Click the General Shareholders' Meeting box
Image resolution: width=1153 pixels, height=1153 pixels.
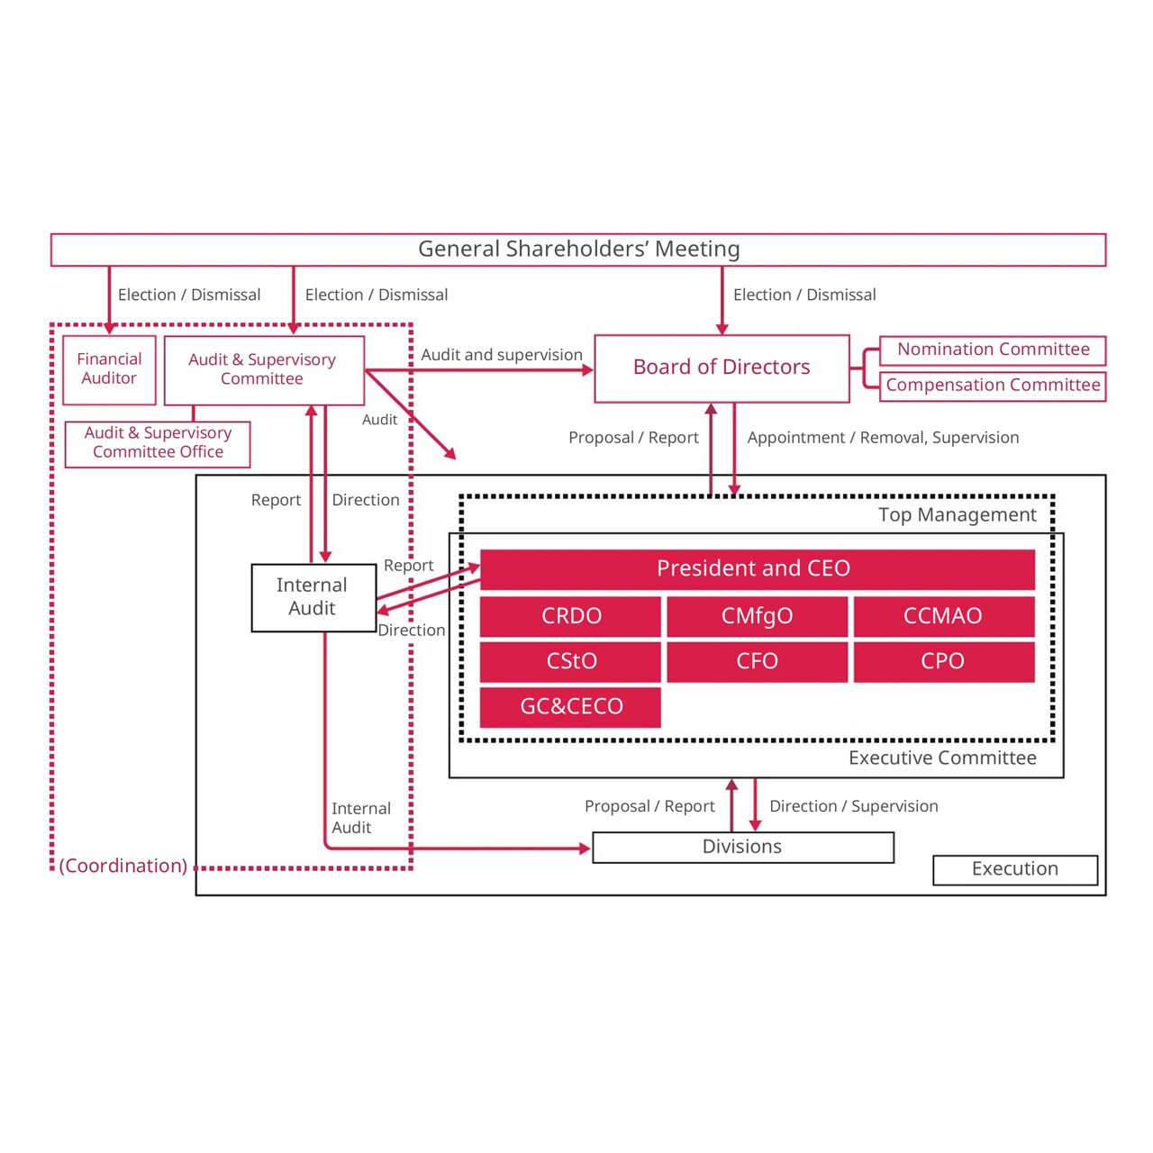(577, 250)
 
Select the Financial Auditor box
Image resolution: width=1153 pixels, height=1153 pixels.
(109, 369)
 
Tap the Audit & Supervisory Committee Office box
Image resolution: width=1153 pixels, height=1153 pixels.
(158, 443)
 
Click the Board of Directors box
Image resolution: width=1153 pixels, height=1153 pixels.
(722, 368)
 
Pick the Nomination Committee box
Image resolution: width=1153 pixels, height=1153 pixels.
(993, 350)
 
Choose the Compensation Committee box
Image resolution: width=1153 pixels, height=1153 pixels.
(993, 386)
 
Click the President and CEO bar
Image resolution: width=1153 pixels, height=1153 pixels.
(757, 569)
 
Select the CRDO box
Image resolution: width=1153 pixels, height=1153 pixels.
(571, 616)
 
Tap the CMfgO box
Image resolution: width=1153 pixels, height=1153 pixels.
(757, 616)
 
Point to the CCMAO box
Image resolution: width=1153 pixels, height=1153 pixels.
(943, 616)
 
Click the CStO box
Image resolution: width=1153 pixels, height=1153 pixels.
(571, 661)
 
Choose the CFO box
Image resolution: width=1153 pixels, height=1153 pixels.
(757, 661)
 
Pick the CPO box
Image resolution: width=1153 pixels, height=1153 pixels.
(943, 661)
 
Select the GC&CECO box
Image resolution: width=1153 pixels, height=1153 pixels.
(571, 706)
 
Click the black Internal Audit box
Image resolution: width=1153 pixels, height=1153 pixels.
(313, 597)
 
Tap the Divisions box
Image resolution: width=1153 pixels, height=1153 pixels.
(742, 847)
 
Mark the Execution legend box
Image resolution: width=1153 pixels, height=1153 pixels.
(1015, 869)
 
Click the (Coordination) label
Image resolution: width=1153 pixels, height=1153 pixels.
(123, 866)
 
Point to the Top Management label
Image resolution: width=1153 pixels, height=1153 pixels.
(957, 515)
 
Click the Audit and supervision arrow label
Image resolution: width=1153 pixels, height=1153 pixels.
(502, 355)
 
